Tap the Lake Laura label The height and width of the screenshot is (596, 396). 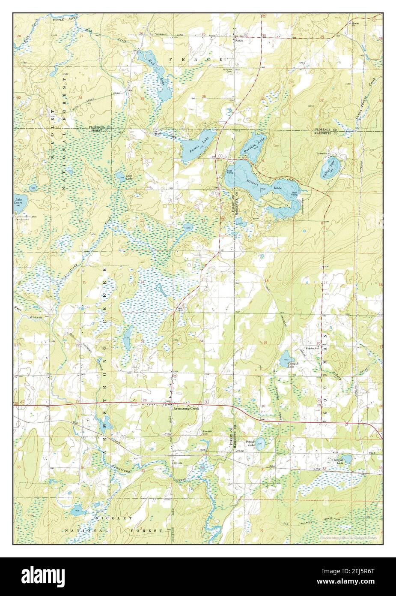click(18, 201)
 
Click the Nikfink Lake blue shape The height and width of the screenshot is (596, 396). click(347, 459)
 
